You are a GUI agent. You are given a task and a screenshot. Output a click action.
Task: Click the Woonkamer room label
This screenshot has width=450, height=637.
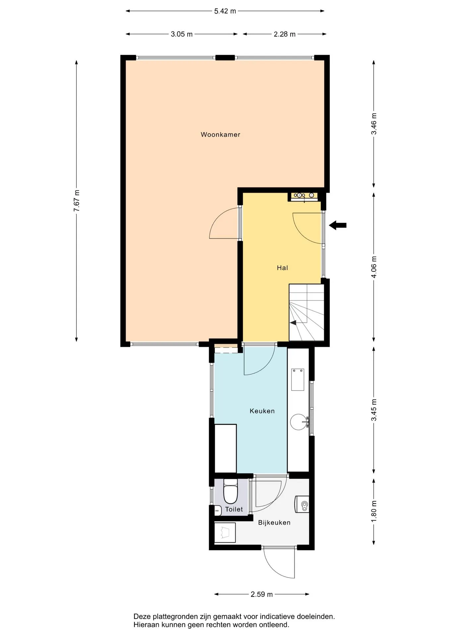click(x=220, y=134)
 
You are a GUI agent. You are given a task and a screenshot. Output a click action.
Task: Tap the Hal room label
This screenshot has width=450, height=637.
click(x=282, y=268)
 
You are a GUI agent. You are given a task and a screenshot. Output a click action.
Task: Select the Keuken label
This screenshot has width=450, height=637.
click(x=262, y=411)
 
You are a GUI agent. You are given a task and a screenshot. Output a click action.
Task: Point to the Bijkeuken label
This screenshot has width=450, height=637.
click(x=274, y=522)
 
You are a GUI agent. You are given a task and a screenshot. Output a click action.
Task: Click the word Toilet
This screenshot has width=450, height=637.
click(x=234, y=509)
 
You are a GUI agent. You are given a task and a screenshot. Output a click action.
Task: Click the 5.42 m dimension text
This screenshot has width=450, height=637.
click(x=225, y=11)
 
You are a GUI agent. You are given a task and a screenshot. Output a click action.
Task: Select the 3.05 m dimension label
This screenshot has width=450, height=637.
click(x=182, y=34)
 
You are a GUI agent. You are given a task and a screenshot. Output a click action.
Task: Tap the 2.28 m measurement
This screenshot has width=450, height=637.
click(x=285, y=34)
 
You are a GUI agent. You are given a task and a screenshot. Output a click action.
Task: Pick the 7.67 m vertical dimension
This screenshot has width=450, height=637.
click(x=77, y=201)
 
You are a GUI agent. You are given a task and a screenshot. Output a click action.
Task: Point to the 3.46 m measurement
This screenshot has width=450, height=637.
click(x=374, y=124)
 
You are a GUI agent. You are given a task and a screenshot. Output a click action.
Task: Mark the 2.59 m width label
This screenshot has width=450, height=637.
click(x=262, y=594)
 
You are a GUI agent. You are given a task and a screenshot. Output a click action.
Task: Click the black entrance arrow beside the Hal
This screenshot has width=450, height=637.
click(x=338, y=225)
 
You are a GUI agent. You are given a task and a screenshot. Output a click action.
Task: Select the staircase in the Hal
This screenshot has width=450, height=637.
click(x=307, y=312)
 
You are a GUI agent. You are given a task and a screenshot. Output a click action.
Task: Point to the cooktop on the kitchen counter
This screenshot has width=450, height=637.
click(x=298, y=380)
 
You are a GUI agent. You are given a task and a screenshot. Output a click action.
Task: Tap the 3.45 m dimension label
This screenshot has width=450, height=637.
click(x=374, y=410)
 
